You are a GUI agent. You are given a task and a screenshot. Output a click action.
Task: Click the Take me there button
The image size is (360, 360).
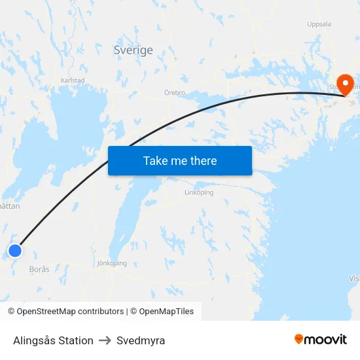click(180, 160)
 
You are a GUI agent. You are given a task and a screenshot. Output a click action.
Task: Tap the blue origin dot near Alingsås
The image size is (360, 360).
click(15, 250)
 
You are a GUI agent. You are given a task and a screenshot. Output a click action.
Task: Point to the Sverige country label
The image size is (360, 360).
click(133, 50)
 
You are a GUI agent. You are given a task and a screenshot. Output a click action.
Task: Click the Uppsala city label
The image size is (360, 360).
click(319, 24)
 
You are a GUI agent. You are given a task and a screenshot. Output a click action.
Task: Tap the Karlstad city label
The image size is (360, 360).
click(72, 80)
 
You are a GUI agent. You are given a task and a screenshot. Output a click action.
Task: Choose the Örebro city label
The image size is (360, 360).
click(175, 93)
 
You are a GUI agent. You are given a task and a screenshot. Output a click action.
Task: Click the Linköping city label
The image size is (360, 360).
click(199, 192)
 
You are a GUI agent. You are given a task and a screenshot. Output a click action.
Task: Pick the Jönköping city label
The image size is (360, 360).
click(111, 263)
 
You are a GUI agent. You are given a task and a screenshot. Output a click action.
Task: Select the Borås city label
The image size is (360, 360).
click(39, 269)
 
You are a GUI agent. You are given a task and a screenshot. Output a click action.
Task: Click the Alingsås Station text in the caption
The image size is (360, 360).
click(53, 340)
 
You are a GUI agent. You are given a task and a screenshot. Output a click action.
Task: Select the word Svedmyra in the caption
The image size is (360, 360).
click(141, 340)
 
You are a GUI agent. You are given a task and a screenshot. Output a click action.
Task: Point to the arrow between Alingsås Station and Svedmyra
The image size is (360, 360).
click(105, 340)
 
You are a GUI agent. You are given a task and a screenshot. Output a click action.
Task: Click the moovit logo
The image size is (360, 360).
click(321, 339)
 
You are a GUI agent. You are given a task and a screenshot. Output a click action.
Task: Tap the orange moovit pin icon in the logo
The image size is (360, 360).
click(299, 339)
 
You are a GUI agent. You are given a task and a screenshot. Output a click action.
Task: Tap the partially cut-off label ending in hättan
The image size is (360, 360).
click(10, 206)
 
